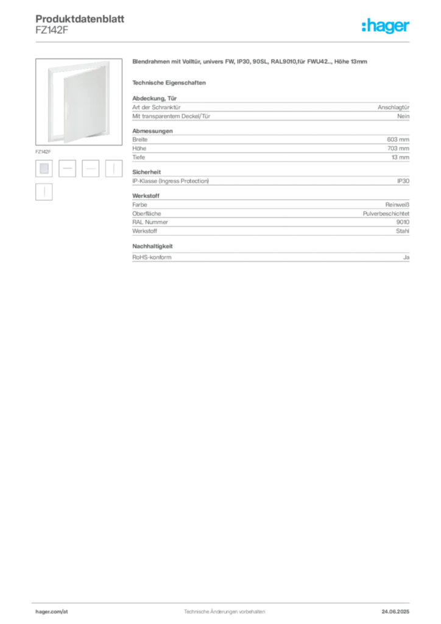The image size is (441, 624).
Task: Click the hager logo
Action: [386, 26]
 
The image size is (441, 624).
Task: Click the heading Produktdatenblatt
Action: [80, 19]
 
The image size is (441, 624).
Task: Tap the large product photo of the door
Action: [79, 102]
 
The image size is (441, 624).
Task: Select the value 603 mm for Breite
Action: [398, 140]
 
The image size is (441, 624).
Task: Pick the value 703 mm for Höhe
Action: [398, 149]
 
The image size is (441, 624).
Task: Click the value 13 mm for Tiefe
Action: [400, 157]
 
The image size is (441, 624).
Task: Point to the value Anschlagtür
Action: [393, 107]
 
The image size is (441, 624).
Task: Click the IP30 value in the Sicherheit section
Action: [403, 181]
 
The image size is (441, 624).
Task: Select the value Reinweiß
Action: [397, 205]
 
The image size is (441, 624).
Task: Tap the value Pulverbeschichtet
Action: [386, 214]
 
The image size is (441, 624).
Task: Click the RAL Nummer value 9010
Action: [403, 222]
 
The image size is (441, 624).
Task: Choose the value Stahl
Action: [403, 231]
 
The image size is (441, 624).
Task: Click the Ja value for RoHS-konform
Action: [406, 258]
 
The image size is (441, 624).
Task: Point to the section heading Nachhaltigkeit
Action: [152, 246]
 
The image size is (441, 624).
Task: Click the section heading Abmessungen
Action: [152, 131]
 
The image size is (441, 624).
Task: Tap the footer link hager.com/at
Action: [52, 612]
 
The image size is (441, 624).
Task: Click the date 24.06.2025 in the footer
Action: [395, 612]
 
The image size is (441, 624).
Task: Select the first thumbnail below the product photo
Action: [44, 168]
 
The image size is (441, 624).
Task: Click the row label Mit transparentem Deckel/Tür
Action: [171, 116]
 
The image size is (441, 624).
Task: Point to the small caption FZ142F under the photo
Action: [43, 152]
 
